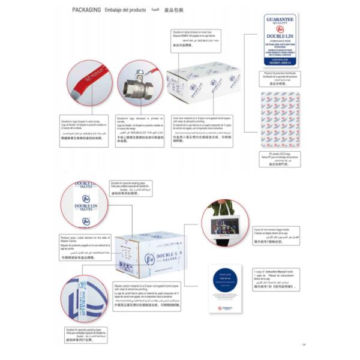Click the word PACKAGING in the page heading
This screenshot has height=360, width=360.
coord(86,10)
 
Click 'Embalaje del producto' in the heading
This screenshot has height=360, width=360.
coord(125,10)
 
